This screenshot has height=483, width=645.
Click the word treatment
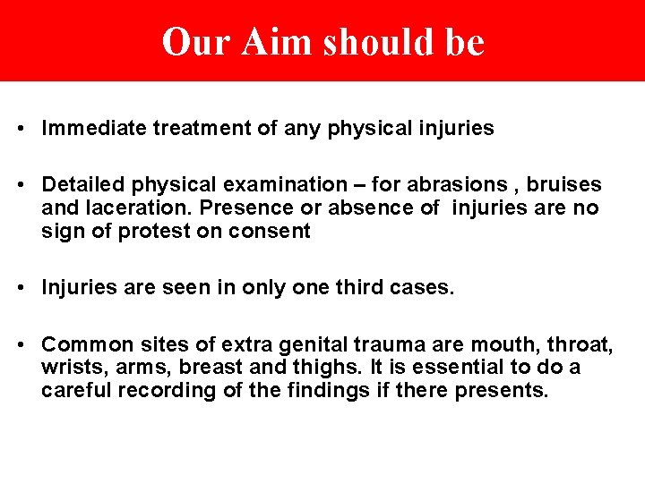pos(193,129)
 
